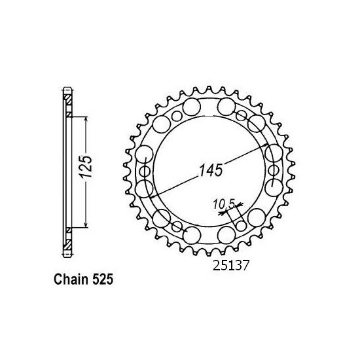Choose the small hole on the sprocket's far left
coord(145,172)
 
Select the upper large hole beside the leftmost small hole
coord(145,155)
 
